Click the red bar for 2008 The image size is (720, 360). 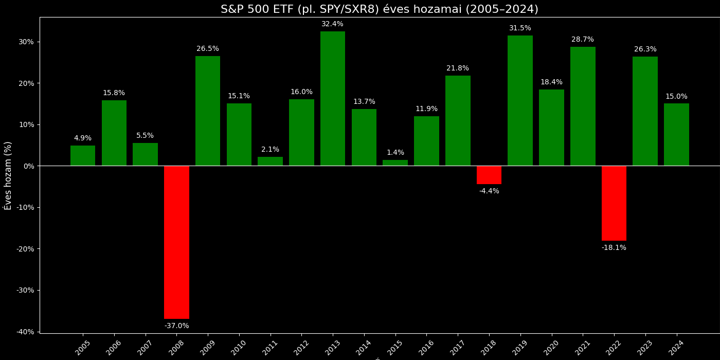(176, 242)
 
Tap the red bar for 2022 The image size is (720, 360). (614, 203)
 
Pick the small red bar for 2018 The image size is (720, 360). (489, 175)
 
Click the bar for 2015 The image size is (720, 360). (395, 163)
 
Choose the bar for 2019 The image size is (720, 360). (520, 101)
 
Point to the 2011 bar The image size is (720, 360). (270, 161)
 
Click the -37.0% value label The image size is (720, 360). (176, 326)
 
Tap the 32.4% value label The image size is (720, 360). (332, 24)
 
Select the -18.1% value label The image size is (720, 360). (614, 248)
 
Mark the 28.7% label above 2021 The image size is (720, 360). (583, 40)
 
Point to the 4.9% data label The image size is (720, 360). (83, 138)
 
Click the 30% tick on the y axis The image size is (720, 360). (26, 42)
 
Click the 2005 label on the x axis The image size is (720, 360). (83, 347)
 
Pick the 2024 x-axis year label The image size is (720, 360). (676, 347)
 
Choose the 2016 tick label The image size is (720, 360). (426, 347)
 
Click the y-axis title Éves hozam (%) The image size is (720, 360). (8, 175)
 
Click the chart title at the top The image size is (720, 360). (380, 9)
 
